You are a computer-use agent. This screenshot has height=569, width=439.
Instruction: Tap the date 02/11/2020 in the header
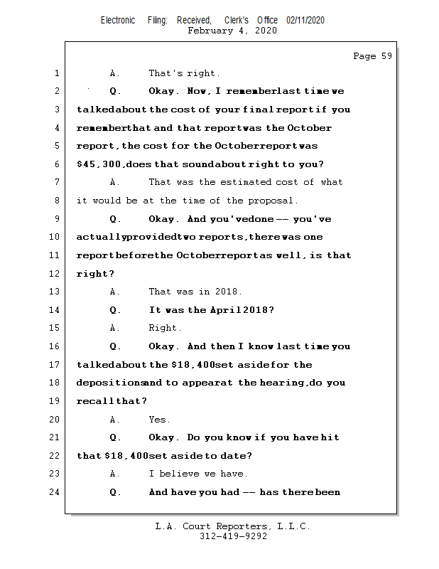tap(305, 21)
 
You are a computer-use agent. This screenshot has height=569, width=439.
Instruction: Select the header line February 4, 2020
tap(232, 31)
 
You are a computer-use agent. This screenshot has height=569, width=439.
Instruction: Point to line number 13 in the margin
tap(55, 292)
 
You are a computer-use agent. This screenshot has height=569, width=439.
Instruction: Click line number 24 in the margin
tap(55, 492)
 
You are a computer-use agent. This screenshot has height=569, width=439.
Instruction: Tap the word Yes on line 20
tap(159, 420)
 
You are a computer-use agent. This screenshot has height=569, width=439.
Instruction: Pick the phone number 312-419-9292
tap(233, 537)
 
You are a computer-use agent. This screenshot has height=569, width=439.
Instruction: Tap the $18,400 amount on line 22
tap(125, 456)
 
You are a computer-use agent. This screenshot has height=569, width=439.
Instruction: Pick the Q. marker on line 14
tap(116, 310)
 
